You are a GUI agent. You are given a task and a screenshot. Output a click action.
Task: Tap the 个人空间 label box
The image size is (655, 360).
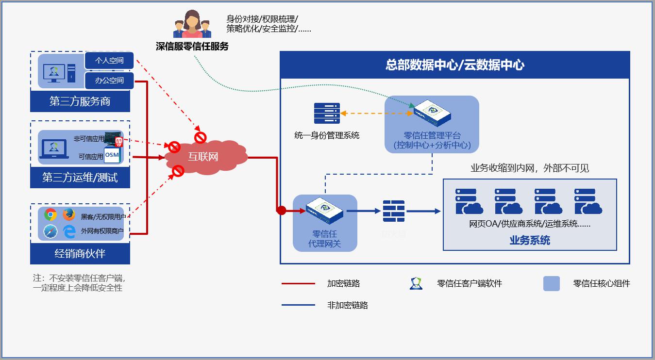coord(109,61)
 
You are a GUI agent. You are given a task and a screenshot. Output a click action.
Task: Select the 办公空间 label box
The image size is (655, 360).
coord(109,81)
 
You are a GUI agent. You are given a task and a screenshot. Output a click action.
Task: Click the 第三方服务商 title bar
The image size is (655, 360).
coord(80,101)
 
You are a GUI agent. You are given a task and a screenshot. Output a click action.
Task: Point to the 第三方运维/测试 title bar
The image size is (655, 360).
coord(80,178)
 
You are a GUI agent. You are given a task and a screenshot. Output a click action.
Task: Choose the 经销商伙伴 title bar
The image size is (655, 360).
coord(80,253)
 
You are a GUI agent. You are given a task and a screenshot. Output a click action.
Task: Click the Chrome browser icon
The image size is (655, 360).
coord(50,214)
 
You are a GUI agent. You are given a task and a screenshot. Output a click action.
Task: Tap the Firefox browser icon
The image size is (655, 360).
coord(69,214)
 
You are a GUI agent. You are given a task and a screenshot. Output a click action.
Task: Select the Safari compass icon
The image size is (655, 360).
coord(50,232)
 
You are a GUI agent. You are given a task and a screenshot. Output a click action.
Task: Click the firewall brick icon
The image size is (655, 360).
coord(393,211)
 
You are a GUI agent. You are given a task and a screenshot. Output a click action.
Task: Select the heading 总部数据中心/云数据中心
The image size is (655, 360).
coord(455,65)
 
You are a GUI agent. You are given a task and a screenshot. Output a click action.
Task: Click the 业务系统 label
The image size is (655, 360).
coord(530,240)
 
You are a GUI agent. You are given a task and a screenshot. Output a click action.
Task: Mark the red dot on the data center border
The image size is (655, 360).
coord(281,210)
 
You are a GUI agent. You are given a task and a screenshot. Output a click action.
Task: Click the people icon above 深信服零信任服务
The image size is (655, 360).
coord(192,24)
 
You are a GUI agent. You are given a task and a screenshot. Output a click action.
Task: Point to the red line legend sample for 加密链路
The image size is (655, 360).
coord(298,284)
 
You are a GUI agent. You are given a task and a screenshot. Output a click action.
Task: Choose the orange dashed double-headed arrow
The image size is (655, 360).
coord(376,114)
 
